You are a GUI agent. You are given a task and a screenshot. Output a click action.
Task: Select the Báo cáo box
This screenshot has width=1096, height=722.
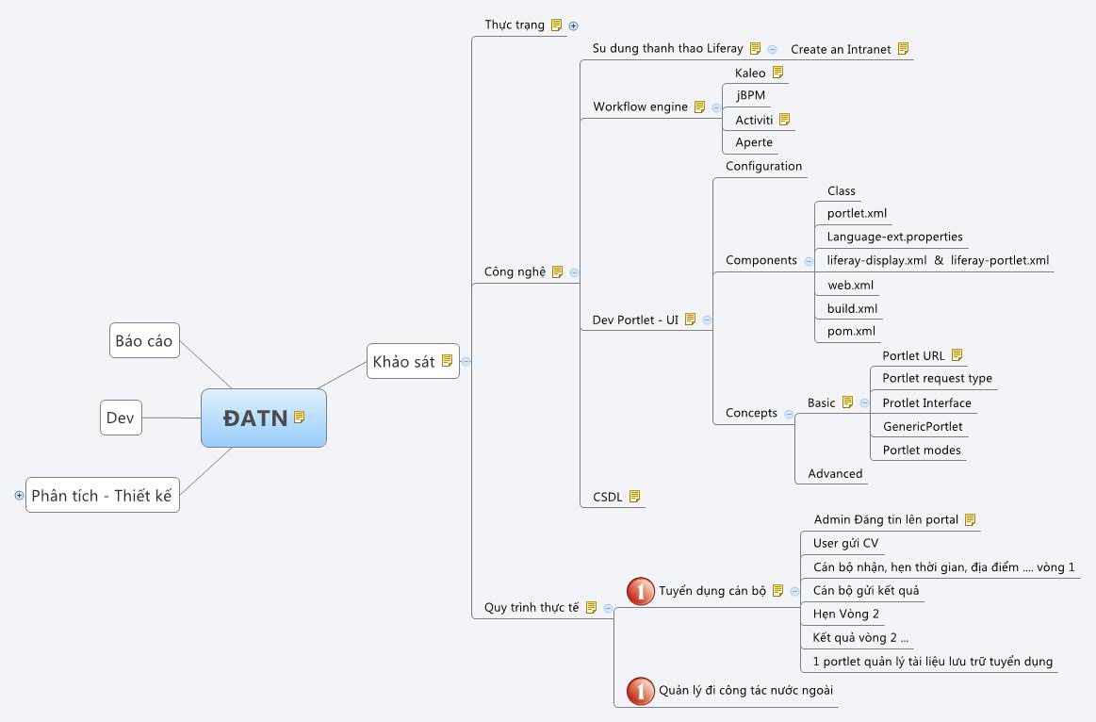(144, 340)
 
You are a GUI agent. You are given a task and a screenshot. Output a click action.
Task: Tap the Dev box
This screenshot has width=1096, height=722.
(121, 418)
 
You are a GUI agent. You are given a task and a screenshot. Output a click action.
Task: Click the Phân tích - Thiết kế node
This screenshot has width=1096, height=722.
(103, 495)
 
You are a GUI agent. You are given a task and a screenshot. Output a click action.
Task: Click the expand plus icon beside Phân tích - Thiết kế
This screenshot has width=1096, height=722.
(19, 495)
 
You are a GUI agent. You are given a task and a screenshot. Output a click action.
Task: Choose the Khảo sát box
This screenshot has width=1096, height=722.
(404, 361)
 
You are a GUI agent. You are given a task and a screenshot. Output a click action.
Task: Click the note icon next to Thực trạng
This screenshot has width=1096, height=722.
(557, 25)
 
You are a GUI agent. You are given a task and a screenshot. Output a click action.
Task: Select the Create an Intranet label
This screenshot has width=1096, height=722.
(841, 49)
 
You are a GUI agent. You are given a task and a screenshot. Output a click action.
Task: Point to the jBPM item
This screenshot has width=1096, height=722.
(751, 95)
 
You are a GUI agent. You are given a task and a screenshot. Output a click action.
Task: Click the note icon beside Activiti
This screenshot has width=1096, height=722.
(784, 120)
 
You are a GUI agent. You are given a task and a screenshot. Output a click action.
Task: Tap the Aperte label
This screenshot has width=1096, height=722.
(754, 142)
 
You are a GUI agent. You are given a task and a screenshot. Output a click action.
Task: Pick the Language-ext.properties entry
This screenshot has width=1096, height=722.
(894, 237)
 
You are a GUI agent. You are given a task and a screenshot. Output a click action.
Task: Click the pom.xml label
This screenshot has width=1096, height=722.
(851, 331)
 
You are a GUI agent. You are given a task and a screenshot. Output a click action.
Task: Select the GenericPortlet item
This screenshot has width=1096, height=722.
(922, 426)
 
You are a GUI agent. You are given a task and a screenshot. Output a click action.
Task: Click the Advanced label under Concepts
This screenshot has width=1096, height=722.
(835, 473)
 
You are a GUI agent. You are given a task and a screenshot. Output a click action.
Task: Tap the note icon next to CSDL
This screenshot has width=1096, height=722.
(634, 496)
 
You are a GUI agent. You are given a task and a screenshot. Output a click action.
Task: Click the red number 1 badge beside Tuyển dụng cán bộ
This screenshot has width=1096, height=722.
(641, 591)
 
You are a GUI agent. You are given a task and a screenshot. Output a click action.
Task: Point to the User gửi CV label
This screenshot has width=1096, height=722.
(845, 543)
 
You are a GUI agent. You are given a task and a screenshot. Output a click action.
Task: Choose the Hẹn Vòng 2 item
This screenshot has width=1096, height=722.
(845, 614)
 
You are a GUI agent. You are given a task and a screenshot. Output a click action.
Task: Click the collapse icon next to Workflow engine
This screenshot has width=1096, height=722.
(716, 107)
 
